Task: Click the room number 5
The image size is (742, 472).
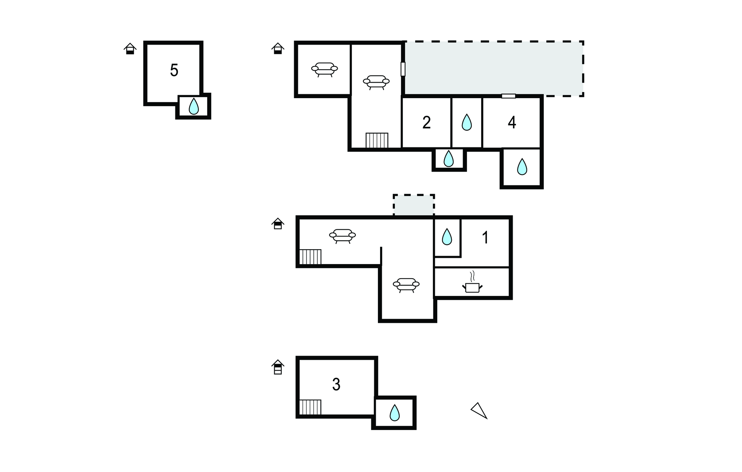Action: coord(174,70)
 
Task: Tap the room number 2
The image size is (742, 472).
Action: coord(426,122)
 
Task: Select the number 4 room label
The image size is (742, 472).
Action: coord(512,122)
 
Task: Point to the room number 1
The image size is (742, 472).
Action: coord(485,238)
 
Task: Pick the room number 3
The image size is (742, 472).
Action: coord(336,385)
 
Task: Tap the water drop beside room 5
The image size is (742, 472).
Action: coord(194,106)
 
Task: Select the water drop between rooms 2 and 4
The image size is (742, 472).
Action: coord(467,122)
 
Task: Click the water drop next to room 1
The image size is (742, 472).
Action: coord(447,237)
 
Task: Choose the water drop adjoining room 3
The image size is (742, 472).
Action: coord(395,413)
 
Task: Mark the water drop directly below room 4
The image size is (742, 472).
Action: coord(522,167)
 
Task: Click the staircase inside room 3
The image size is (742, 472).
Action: coord(310,407)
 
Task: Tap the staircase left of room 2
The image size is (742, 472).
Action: coord(377,141)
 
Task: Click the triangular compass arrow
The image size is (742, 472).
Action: coord(479,410)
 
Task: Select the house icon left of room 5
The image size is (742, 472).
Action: coord(130,49)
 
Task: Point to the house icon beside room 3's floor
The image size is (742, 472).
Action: coord(278,367)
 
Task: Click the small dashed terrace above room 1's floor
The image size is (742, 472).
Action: coord(414,205)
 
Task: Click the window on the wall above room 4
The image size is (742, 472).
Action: coord(509,96)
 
